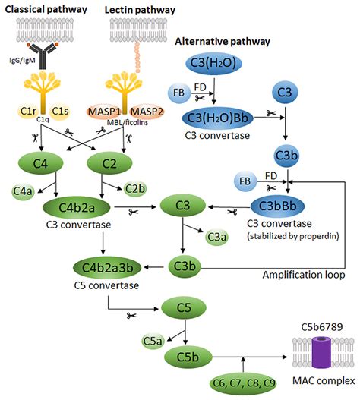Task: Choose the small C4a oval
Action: [23, 190]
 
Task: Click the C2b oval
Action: [135, 189]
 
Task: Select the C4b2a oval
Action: [72, 206]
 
